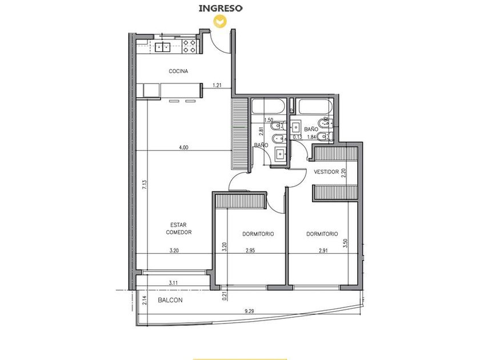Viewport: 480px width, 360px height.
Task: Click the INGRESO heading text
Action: coord(221,8)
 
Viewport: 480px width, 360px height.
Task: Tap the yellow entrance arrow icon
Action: coord(220,21)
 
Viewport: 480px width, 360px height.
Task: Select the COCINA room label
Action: coord(178,71)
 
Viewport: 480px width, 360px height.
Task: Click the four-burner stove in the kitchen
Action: coord(189,46)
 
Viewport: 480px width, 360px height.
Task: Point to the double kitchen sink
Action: coord(162,47)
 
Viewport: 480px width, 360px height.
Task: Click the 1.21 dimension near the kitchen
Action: coord(217,85)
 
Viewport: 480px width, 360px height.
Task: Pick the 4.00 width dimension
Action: coord(183,147)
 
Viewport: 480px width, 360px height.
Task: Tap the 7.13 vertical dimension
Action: coord(145,184)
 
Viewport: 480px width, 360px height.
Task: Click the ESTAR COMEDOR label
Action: coord(179,229)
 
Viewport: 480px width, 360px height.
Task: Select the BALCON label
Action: coord(170,301)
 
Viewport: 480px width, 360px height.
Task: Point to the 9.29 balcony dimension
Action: coord(249,311)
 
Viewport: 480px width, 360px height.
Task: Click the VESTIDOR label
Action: coord(326,172)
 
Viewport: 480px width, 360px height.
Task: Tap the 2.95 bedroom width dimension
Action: coord(250,250)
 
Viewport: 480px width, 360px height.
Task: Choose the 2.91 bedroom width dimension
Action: coord(323,250)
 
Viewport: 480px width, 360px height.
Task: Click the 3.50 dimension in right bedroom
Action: coord(345,243)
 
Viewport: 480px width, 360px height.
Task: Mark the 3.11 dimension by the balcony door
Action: coord(173,283)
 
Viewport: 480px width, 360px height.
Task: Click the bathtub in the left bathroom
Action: coord(269,107)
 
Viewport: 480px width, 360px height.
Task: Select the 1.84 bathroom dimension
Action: coord(311,137)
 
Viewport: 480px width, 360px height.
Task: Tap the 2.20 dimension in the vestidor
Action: coord(344,173)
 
